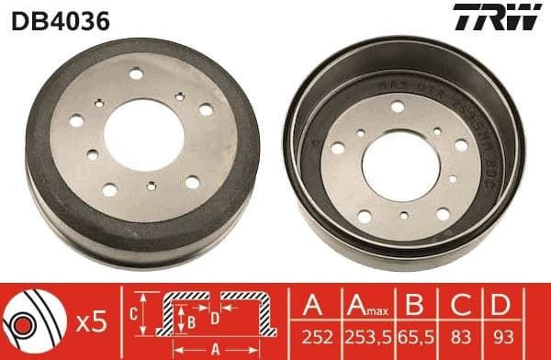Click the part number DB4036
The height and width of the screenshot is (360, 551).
point(61,19)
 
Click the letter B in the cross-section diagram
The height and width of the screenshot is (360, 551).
point(191,321)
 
